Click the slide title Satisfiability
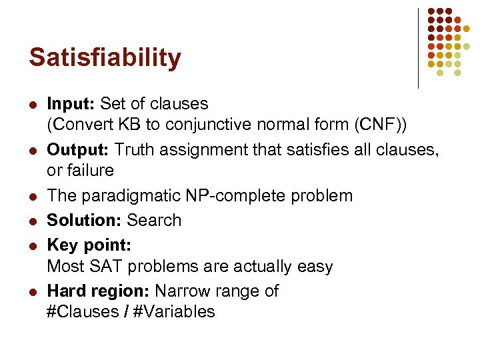click(105, 58)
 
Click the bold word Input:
click(72, 104)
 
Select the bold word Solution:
click(85, 220)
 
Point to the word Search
click(154, 220)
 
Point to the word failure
click(80, 171)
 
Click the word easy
click(312, 267)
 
